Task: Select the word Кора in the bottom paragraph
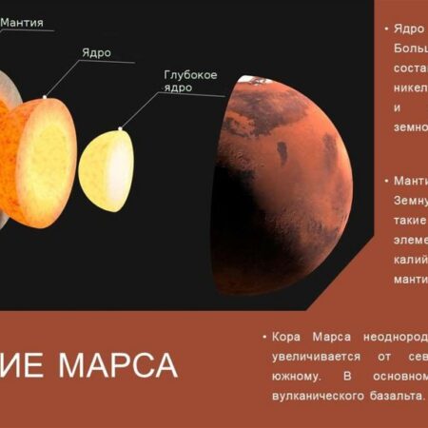pyautogui.click(x=285, y=338)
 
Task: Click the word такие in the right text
pyautogui.click(x=408, y=220)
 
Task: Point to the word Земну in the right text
pyautogui.click(x=410, y=200)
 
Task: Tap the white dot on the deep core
pyautogui.click(x=120, y=127)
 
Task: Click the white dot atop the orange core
pyautogui.click(x=45, y=96)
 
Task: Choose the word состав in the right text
pyautogui.click(x=410, y=68)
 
